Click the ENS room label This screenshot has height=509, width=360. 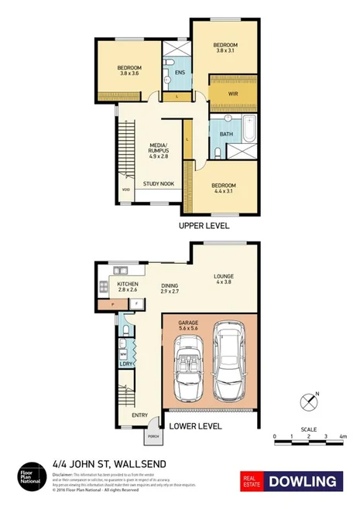click(180, 73)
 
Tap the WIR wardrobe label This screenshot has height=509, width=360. click(232, 94)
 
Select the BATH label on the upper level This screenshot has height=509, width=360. click(226, 134)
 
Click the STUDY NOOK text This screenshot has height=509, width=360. click(158, 184)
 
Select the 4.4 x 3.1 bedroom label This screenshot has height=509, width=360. click(223, 188)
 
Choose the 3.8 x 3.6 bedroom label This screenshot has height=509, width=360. click(129, 71)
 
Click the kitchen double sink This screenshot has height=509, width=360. click(120, 270)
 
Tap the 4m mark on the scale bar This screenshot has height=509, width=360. click(341, 437)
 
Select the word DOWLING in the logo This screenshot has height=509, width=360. click(304, 481)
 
